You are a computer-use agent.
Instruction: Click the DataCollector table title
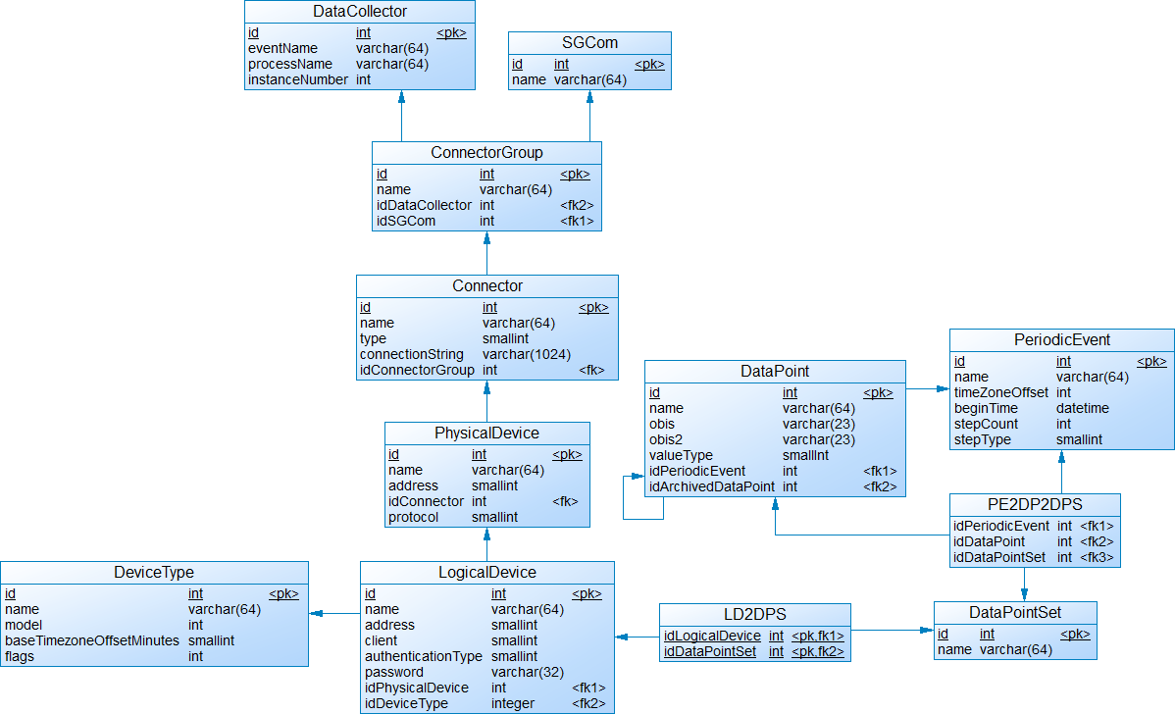(360, 12)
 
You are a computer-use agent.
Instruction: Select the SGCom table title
(589, 43)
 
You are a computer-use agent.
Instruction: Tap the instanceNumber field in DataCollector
(298, 79)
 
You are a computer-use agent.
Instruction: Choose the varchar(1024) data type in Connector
(527, 354)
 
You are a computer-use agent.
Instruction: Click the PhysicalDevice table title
(486, 433)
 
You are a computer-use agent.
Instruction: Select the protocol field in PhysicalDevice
(413, 517)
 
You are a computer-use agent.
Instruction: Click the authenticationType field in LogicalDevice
(424, 656)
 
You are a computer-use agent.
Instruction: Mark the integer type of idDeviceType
(513, 703)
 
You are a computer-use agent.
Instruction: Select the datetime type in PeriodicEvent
(1082, 408)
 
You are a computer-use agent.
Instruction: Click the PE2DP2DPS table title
(1035, 504)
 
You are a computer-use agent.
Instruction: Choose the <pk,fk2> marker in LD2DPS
(818, 651)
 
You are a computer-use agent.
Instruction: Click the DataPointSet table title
(1015, 612)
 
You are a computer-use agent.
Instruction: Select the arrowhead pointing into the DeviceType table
(316, 613)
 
